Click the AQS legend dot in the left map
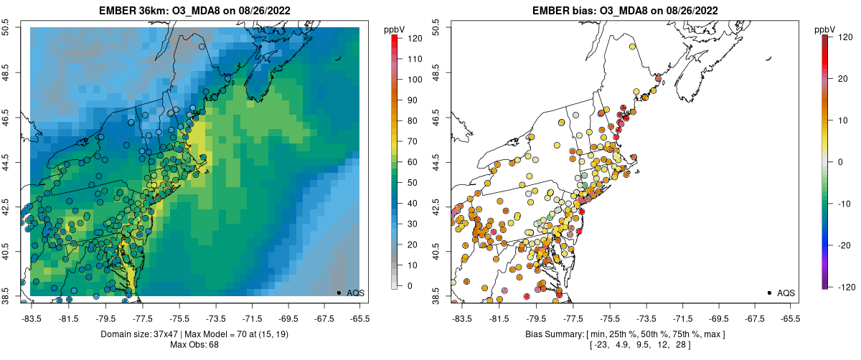click(x=339, y=293)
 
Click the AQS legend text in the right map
click(x=786, y=293)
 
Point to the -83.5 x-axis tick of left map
click(x=31, y=317)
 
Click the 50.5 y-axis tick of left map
click(x=7, y=28)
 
